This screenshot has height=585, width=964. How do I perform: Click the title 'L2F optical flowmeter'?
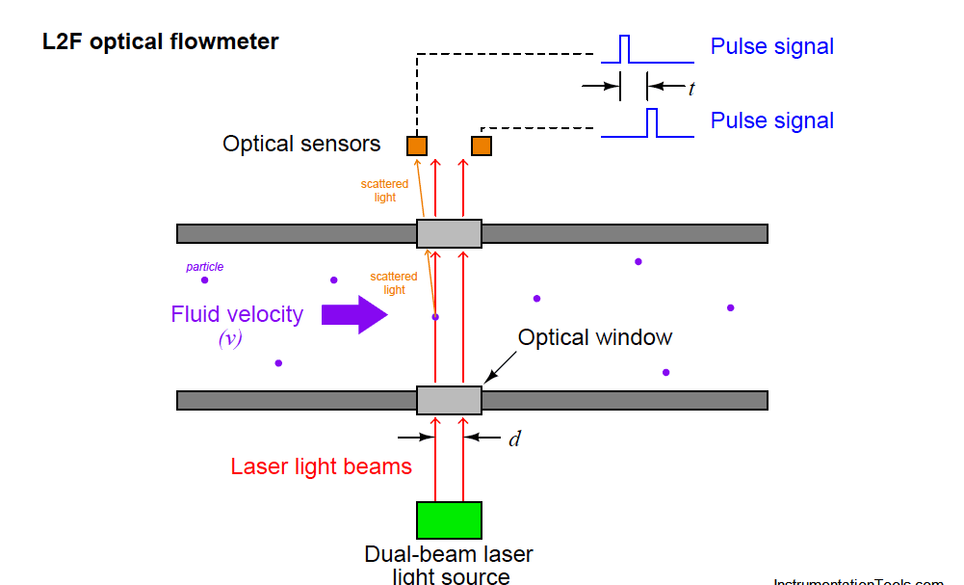click(x=161, y=42)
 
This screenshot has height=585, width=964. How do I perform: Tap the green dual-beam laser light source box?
click(x=449, y=520)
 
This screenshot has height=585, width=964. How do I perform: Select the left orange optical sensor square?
click(x=416, y=146)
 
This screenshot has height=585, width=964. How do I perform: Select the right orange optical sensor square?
click(x=482, y=146)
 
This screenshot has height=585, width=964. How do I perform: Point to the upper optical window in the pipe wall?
click(x=449, y=233)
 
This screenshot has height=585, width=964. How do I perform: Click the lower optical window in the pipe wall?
click(x=449, y=400)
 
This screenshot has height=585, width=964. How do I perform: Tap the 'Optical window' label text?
click(x=595, y=337)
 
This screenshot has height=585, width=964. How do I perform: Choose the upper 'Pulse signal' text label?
click(x=771, y=46)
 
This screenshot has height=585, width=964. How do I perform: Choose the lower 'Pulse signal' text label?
click(x=771, y=120)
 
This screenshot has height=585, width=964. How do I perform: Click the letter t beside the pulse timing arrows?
click(x=690, y=88)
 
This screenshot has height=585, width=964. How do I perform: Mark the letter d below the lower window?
click(x=514, y=439)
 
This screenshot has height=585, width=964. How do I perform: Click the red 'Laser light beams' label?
click(x=321, y=466)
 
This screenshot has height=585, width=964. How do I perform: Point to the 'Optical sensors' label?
click(x=301, y=145)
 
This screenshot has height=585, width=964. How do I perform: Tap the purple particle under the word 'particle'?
click(x=204, y=280)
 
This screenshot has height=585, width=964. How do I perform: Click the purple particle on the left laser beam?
click(x=435, y=316)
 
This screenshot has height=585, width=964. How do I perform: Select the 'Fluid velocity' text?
click(x=237, y=314)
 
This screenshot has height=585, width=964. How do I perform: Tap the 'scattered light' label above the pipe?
click(x=384, y=191)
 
